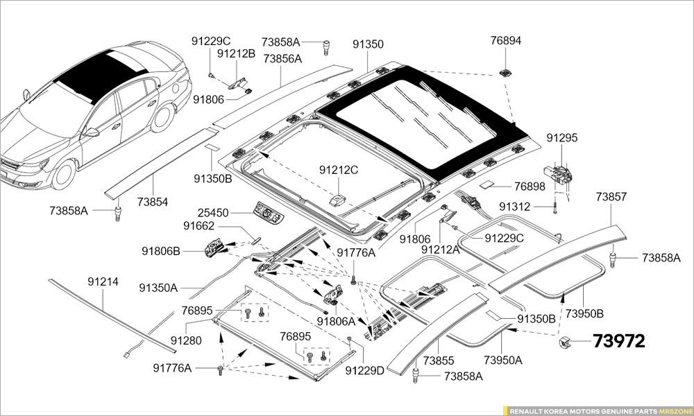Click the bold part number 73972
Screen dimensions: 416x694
pyautogui.click(x=618, y=341)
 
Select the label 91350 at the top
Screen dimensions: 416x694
pyautogui.click(x=367, y=44)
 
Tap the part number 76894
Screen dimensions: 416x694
pyautogui.click(x=505, y=41)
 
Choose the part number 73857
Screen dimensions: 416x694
pyautogui.click(x=611, y=198)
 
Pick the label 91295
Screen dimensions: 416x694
pyautogui.click(x=561, y=138)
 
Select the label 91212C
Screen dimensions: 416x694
pyautogui.click(x=339, y=170)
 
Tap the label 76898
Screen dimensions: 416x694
pyautogui.click(x=530, y=187)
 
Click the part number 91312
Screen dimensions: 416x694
pyautogui.click(x=515, y=207)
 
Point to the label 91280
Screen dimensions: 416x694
pyautogui.click(x=186, y=340)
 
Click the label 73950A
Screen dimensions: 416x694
pyautogui.click(x=503, y=360)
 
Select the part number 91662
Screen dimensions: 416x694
pyautogui.click(x=198, y=226)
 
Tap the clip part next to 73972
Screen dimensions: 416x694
pyautogui.click(x=564, y=341)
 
